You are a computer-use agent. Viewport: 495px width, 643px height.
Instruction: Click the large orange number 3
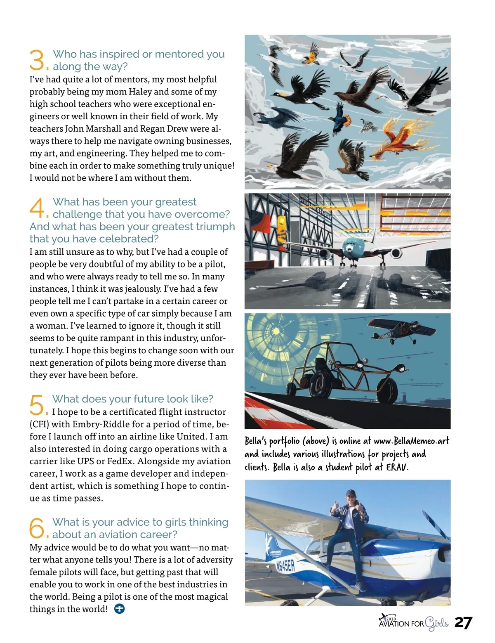click(37, 60)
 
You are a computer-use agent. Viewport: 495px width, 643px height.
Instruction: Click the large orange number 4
click(37, 208)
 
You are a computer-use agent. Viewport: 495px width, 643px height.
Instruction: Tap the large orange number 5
click(37, 405)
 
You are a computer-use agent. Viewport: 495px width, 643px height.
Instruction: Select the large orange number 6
click(37, 528)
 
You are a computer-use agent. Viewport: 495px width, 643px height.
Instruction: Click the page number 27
click(463, 623)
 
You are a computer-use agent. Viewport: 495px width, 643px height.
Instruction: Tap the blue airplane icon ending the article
click(119, 609)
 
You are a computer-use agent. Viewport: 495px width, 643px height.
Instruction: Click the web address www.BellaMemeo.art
click(411, 441)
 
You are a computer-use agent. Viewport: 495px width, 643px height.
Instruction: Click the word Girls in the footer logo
click(436, 623)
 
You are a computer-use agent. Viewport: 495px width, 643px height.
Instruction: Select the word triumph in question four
click(209, 227)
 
